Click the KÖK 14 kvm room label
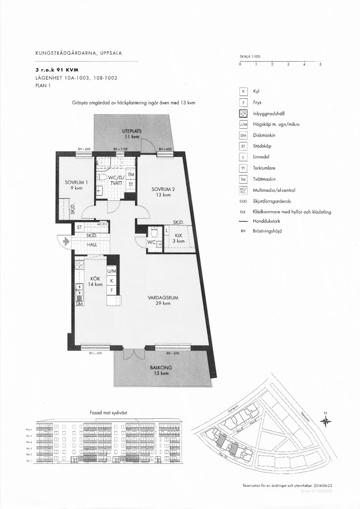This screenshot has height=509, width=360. pos(96,281)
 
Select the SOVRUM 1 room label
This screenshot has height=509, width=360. pos(74,185)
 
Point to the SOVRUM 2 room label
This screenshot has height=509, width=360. pos(163,192)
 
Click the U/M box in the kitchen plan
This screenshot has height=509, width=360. pos(112,271)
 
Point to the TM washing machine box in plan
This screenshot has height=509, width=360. pos(131,174)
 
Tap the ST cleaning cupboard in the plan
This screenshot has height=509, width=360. pos(79,227)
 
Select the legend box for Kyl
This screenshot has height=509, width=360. pos(244,91)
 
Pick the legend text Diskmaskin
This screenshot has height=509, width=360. pos(264,135)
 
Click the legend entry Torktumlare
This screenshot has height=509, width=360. pos(265,168)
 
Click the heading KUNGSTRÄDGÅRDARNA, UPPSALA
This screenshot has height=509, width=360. pos(79,53)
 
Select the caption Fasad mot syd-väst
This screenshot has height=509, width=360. pos(108,412)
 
